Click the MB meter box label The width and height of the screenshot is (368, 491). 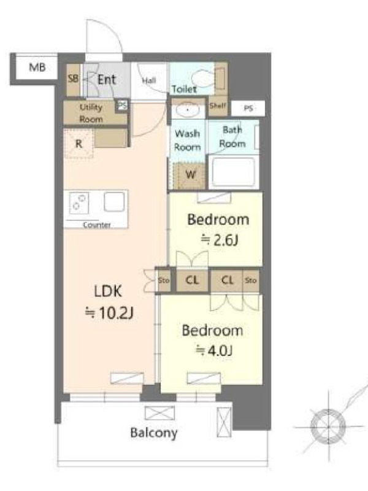point(37,68)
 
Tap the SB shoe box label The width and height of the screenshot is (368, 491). point(73,79)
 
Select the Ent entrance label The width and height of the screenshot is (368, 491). point(107,80)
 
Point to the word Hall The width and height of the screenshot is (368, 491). point(148,80)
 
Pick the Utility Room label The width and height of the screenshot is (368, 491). point(91,113)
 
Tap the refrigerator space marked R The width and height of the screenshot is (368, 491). point(79,144)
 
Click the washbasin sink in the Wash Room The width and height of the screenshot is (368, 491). point(187,110)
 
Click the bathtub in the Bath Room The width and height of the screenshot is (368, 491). point(234,172)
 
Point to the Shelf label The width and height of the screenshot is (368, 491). point(218,106)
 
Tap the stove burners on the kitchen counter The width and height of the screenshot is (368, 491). point(79,203)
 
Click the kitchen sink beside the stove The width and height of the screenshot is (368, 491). point(114,202)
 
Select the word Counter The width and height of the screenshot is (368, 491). point(97,225)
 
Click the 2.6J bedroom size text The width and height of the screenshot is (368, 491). point(220,240)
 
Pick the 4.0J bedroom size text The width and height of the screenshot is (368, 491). point(214,350)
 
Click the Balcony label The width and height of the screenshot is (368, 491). point(154,433)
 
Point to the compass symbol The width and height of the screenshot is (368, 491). point(328,426)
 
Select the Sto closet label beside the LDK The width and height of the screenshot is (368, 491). point(164,280)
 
